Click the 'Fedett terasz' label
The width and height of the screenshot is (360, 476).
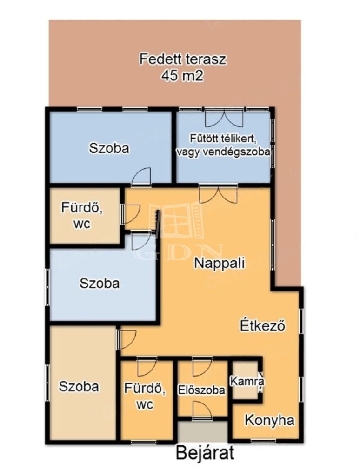point(183,59)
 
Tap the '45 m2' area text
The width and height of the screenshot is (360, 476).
point(182,76)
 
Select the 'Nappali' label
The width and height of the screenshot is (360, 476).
point(220,263)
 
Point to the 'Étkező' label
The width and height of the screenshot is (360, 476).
point(263,325)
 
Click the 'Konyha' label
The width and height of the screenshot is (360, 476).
point(269,420)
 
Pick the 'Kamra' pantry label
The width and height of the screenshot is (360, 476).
point(247,381)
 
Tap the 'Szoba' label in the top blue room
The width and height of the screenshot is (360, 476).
point(109,148)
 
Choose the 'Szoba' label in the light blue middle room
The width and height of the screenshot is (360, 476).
point(100,283)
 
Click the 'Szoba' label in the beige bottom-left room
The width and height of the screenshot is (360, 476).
point(79,386)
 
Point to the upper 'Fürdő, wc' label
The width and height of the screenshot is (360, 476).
point(82,216)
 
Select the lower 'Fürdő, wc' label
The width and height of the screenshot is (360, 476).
point(145,396)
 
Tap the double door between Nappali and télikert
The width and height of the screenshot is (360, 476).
point(218,194)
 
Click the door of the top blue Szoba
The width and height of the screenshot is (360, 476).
point(141,176)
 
